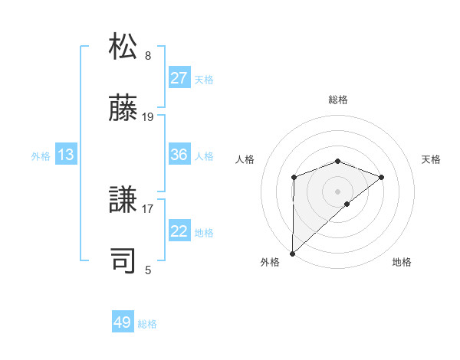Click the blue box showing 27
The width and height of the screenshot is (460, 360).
click(x=179, y=78)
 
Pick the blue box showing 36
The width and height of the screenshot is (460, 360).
click(x=179, y=155)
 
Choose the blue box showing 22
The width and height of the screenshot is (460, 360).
click(x=179, y=231)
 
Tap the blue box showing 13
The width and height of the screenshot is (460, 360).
click(x=66, y=155)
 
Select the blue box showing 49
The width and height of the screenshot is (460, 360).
click(x=123, y=322)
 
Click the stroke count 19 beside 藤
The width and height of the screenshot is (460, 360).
click(x=148, y=117)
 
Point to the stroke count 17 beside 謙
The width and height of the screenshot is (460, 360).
click(x=148, y=208)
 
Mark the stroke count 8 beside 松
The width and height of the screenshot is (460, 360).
click(x=148, y=55)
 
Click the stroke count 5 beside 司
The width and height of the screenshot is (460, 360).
click(x=148, y=269)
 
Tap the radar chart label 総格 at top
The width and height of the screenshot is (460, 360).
click(x=338, y=100)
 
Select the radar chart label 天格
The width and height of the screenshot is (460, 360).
click(x=431, y=159)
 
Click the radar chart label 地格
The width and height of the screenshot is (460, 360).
click(x=402, y=262)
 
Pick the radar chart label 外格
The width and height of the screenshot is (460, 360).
click(x=270, y=262)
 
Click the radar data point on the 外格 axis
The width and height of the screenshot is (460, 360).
click(x=292, y=253)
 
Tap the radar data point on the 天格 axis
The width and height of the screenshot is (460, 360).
click(x=381, y=177)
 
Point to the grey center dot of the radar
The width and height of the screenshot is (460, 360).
click(x=337, y=191)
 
